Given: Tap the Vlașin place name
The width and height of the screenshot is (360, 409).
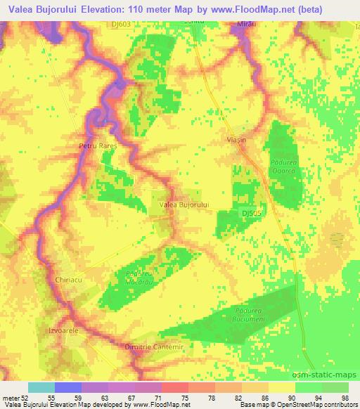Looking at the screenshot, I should [237, 141].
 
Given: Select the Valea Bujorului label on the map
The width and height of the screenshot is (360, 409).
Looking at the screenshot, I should [185, 204].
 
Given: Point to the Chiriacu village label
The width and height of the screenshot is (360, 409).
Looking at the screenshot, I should [69, 280].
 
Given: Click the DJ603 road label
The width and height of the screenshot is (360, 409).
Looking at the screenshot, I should [141, 25].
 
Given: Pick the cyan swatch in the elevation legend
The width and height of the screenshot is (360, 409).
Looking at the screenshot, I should [41, 387].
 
